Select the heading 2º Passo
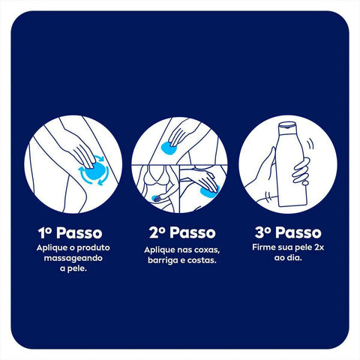point(179,232)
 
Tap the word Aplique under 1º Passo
point(50,247)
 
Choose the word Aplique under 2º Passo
point(160,249)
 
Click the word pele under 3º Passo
point(301,247)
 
